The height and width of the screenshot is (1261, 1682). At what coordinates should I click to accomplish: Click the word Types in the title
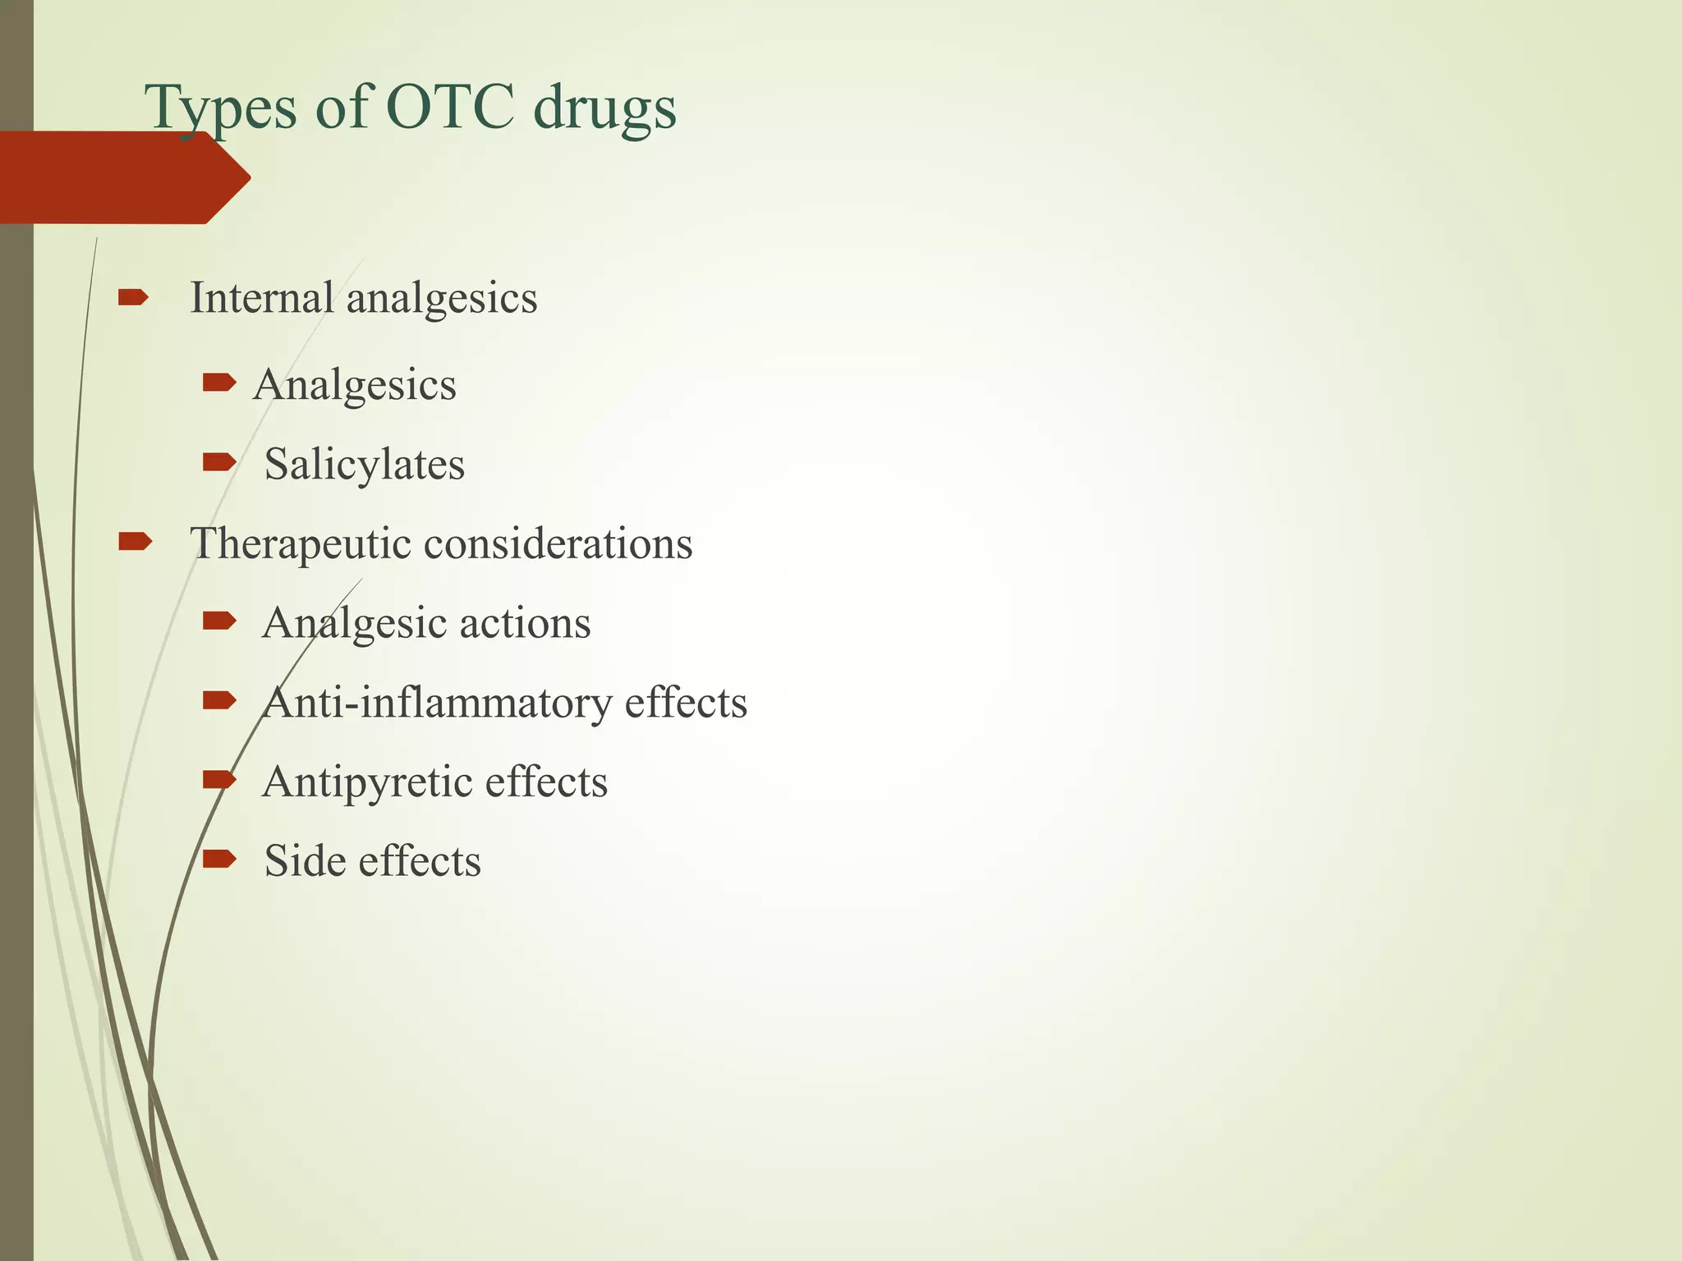219,108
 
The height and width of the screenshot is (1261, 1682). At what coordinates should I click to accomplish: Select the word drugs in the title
604,108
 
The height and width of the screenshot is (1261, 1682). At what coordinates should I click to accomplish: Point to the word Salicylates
364,465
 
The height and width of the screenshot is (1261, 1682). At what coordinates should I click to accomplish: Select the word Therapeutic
299,544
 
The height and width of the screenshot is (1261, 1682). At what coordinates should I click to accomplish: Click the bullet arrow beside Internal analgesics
133,296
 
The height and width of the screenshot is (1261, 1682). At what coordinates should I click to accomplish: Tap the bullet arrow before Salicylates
218,463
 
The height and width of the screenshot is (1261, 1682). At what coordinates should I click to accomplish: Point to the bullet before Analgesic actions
218,621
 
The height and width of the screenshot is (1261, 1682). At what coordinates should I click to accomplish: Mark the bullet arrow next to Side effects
218,860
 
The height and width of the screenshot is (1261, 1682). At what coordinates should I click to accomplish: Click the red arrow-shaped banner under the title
123,177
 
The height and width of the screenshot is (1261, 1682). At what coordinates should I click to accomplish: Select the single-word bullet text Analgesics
355,385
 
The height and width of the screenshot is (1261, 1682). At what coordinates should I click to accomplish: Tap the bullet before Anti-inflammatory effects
218,700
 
